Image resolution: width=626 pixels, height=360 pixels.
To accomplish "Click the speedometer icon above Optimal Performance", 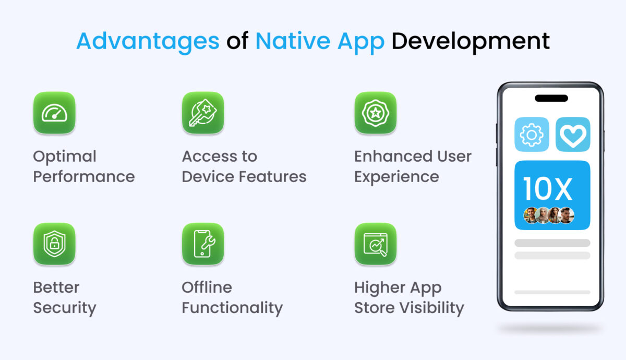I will (54, 113).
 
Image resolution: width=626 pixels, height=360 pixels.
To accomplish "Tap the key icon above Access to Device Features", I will (203, 113).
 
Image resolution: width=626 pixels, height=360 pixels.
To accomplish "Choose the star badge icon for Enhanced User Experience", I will (375, 113).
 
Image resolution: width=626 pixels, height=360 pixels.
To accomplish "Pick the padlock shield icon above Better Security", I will (54, 244).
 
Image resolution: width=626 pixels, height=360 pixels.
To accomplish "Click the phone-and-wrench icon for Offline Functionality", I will (203, 244).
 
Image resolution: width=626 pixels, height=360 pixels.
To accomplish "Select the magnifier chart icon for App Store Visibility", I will (375, 244).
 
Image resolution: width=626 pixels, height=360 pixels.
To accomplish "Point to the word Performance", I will (84, 177).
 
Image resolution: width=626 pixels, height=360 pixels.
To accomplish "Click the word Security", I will (65, 308).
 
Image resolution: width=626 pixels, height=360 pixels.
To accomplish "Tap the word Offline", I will (207, 287).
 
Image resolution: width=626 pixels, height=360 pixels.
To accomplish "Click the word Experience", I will (396, 177).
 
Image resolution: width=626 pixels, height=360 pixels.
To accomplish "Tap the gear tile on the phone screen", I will (532, 135).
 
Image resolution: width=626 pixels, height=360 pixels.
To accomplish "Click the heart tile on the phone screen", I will (573, 135).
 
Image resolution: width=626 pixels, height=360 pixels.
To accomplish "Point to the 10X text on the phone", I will (547, 189).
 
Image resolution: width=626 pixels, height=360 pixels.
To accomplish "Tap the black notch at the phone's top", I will (551, 98).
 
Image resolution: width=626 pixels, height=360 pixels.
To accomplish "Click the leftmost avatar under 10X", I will (530, 215).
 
